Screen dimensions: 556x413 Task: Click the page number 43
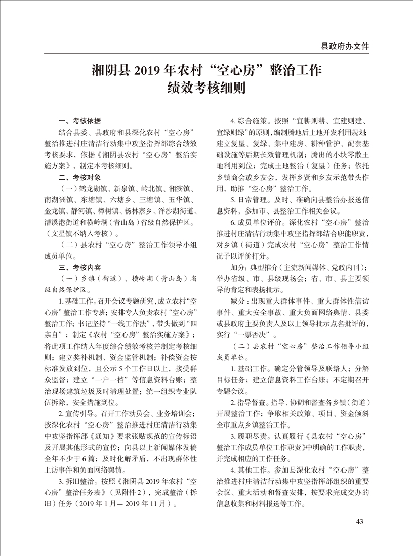[x=360, y=522]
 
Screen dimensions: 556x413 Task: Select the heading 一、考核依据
[x=80, y=120]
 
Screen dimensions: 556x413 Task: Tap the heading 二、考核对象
[x=80, y=177]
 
